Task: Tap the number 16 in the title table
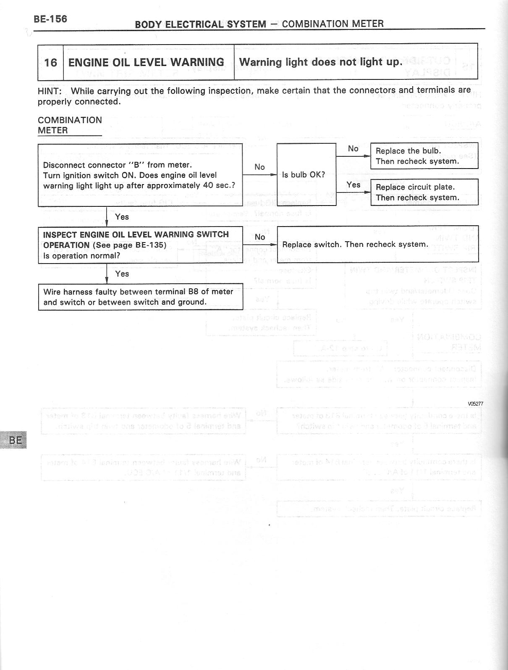click(x=50, y=63)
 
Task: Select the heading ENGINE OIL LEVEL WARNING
click(x=146, y=63)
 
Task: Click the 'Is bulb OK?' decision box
click(x=306, y=174)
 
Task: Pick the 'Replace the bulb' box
click(x=424, y=156)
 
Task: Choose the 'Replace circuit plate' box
click(x=424, y=192)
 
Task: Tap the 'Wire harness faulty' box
click(x=140, y=297)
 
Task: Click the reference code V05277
click(x=475, y=404)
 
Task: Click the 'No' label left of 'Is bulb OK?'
click(x=259, y=167)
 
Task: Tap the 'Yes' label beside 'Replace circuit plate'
click(x=354, y=185)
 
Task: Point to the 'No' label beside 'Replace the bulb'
click(x=353, y=148)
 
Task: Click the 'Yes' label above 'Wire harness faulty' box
click(x=122, y=274)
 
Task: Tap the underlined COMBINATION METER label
click(x=70, y=125)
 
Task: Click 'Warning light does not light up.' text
click(x=320, y=62)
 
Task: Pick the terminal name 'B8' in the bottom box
click(x=194, y=292)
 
